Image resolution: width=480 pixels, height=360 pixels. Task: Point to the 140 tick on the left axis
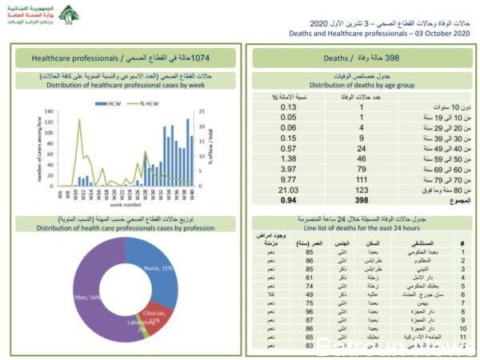[x=48, y=112]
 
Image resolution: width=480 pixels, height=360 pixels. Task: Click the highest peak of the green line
[x=80, y=120]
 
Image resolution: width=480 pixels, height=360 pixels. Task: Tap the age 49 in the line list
[x=308, y=294]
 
